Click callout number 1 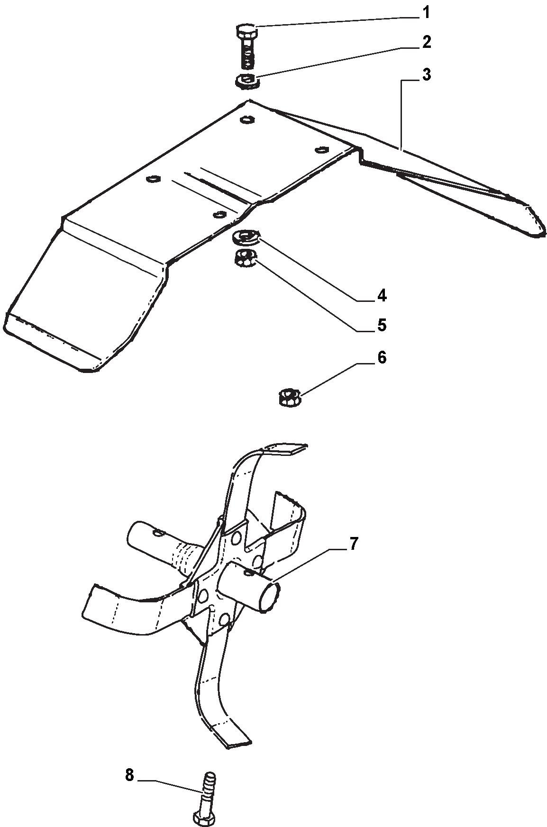coord(426,13)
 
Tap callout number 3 coord(427,74)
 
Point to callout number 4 coord(382,296)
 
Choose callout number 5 coord(382,325)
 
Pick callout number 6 coord(382,357)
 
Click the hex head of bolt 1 coord(246,33)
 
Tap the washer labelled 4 coord(246,236)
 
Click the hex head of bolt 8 coord(204,817)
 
